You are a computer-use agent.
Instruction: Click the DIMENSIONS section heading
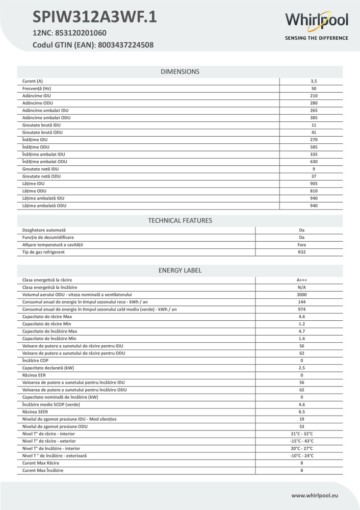tap(180, 72)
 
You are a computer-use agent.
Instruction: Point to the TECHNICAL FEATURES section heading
tap(180, 220)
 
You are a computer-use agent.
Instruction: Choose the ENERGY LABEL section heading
tap(180, 270)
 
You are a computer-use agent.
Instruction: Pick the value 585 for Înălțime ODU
tap(314, 147)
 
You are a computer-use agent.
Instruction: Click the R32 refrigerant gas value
tap(302, 252)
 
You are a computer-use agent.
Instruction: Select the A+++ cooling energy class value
tap(302, 280)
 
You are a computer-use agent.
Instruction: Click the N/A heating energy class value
tap(302, 288)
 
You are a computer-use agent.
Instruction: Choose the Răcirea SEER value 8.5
tap(302, 412)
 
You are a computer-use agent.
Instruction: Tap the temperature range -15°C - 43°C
tap(302, 441)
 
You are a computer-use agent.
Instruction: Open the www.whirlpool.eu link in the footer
tap(319, 495)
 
